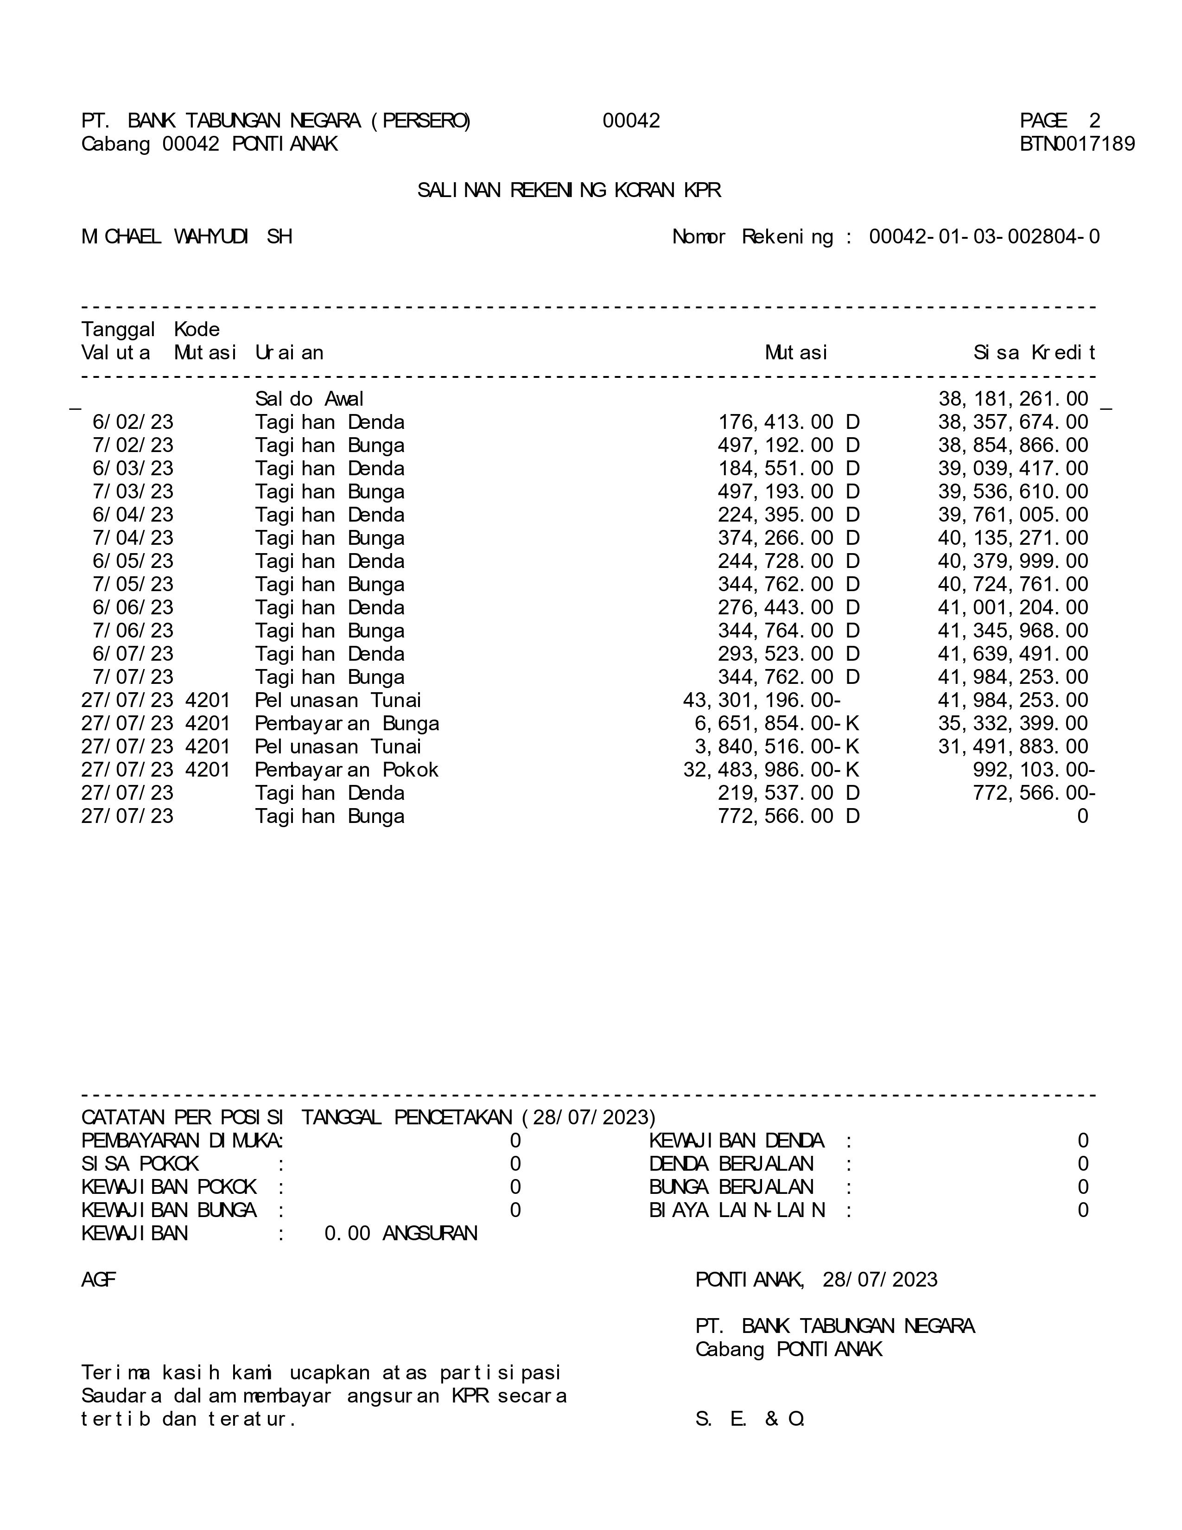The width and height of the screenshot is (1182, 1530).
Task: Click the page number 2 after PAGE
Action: click(x=1094, y=121)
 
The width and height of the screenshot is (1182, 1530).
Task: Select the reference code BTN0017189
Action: click(x=1077, y=144)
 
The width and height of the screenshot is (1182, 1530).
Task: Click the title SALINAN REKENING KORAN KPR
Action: click(x=569, y=191)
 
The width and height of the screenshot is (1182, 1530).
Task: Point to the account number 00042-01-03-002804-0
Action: click(x=984, y=237)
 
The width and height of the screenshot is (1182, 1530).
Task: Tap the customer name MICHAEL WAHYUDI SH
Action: click(x=186, y=237)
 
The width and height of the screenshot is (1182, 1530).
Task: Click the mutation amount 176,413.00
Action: click(x=776, y=422)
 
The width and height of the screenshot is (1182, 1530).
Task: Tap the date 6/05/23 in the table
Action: click(x=133, y=561)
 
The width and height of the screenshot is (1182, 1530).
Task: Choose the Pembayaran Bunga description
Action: click(x=347, y=724)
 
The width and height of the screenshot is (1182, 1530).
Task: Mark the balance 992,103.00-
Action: click(x=1034, y=770)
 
